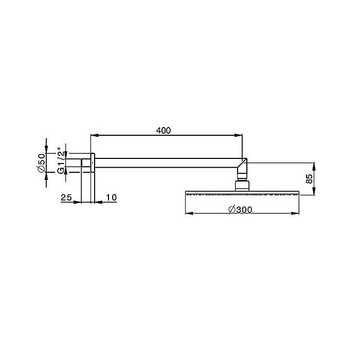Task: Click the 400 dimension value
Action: [x=163, y=130]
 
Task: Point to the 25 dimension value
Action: [x=66, y=197]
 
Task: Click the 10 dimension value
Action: [x=111, y=197]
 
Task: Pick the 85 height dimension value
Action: [x=309, y=179]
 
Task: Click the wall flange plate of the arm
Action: [x=93, y=164]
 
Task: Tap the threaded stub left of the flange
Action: [x=86, y=164]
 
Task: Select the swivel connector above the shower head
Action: [x=242, y=185]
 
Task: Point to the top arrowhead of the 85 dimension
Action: [x=315, y=166]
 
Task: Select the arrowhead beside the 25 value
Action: [x=78, y=202]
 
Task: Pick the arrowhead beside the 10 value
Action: [x=98, y=202]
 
